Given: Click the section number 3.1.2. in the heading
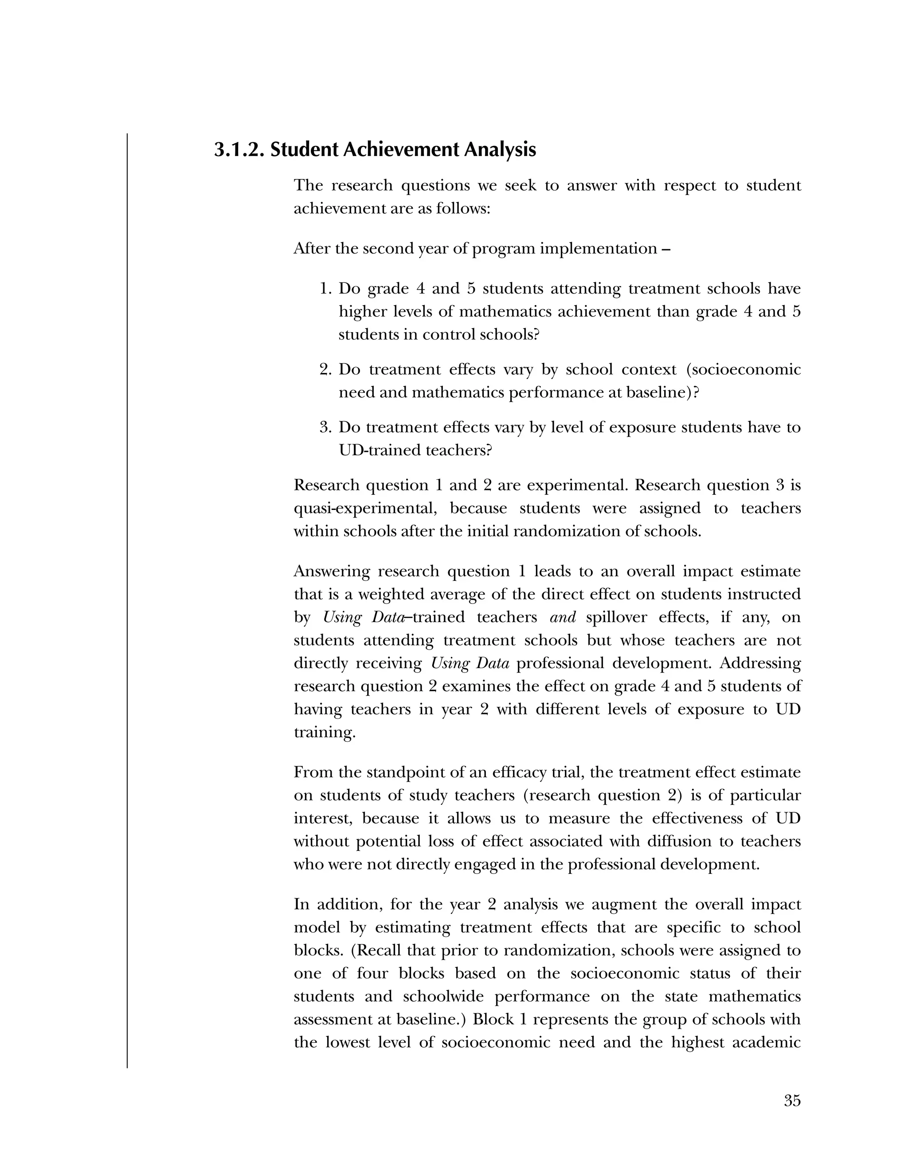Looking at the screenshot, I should coord(239,149).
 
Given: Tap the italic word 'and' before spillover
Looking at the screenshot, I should coord(563,617).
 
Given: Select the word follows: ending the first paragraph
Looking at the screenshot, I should coord(463,208).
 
